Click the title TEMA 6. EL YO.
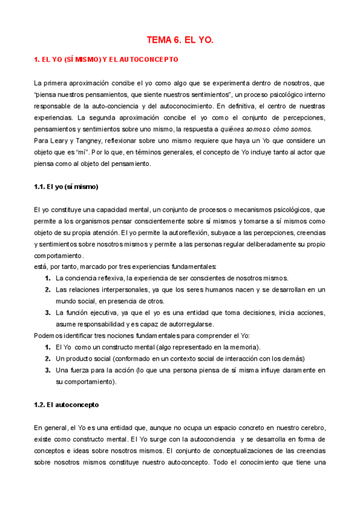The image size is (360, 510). click(180, 40)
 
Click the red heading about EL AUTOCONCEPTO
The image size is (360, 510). click(106, 60)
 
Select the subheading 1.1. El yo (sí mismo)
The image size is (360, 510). click(66, 186)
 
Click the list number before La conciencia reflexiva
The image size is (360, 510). click(47, 278)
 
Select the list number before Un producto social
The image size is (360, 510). click(47, 358)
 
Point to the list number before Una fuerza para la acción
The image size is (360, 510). click(47, 370)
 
